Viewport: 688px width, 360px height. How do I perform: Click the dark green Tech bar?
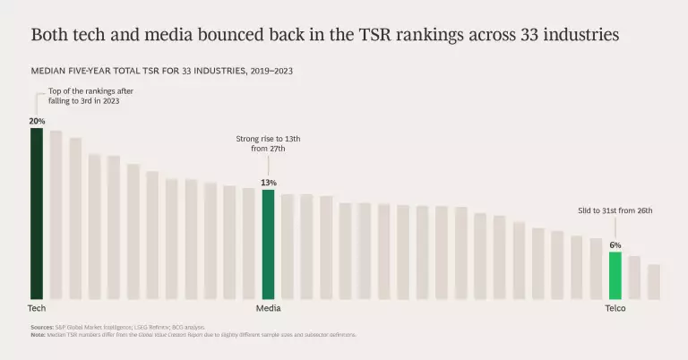click(36, 213)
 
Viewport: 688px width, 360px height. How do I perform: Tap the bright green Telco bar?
click(615, 275)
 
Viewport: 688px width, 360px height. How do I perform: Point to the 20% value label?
click(36, 121)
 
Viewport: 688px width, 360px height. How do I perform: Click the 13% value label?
click(268, 183)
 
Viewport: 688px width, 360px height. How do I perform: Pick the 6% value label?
click(615, 244)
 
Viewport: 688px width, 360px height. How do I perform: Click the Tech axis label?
click(36, 309)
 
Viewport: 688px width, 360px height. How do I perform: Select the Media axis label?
click(268, 309)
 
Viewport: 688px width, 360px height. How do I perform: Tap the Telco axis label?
click(615, 309)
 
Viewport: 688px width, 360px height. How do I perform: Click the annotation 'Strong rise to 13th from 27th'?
click(268, 145)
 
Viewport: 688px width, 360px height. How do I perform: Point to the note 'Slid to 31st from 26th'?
click(615, 210)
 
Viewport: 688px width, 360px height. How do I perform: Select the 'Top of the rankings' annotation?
click(83, 97)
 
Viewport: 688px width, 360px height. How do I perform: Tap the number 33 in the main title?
click(526, 36)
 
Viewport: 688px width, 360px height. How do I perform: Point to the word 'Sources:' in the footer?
click(41, 328)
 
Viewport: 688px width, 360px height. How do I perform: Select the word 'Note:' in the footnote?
click(38, 334)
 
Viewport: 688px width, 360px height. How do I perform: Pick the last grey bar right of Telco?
click(654, 281)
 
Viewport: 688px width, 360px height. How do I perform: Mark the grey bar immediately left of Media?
click(248, 244)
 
